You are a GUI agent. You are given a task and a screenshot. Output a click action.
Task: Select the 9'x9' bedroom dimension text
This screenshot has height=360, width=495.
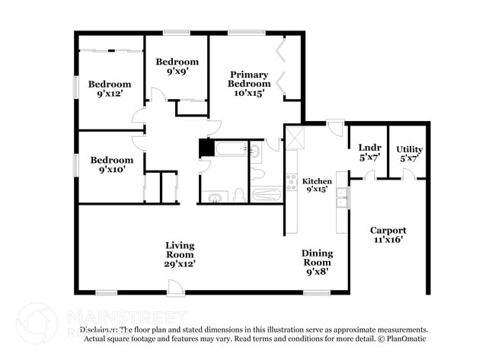pyautogui.click(x=177, y=72)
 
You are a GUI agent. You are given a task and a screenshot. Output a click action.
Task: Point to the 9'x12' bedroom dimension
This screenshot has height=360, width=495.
pyautogui.click(x=109, y=94)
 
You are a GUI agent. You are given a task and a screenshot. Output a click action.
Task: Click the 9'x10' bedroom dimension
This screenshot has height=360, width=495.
pyautogui.click(x=111, y=170)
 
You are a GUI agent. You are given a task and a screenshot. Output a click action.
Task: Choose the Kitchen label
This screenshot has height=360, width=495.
pyautogui.click(x=317, y=181)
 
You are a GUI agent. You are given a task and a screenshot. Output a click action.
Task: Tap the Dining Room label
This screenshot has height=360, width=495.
pyautogui.click(x=316, y=257)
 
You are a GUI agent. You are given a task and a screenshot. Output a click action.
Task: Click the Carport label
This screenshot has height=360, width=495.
pyautogui.click(x=388, y=230)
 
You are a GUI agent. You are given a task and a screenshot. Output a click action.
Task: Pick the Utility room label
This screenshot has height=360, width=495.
pyautogui.click(x=409, y=149)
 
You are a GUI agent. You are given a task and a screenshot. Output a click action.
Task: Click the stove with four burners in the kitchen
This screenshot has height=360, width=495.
pyautogui.click(x=291, y=183)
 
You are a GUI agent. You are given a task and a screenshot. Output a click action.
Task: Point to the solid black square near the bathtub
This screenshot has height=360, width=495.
pyautogui.click(x=204, y=148)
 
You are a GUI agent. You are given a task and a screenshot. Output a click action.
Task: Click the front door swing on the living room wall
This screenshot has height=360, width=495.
pyautogui.click(x=176, y=287)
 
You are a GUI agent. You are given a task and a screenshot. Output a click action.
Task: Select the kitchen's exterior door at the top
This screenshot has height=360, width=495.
pyautogui.click(x=334, y=126)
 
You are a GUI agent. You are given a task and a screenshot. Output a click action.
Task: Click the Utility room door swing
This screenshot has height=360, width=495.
pyautogui.click(x=408, y=174)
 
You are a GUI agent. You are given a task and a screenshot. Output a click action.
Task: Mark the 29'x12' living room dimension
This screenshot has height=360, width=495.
pyautogui.click(x=180, y=263)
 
